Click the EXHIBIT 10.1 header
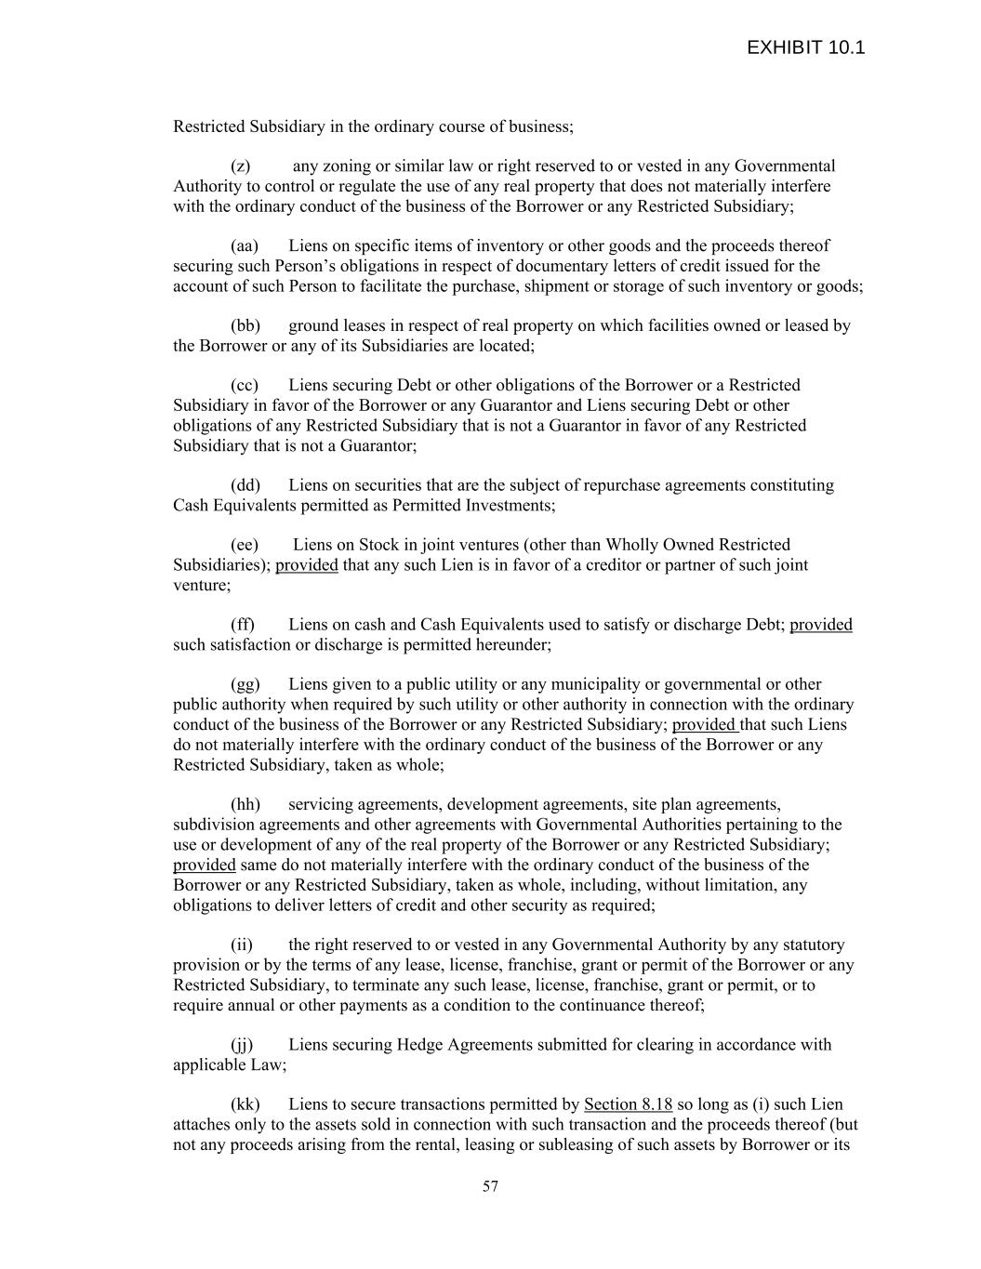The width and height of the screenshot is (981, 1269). (805, 48)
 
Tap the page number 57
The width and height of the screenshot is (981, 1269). (490, 1186)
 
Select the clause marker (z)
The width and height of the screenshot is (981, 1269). (241, 166)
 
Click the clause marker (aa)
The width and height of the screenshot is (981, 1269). (245, 246)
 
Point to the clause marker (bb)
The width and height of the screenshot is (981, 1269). (245, 326)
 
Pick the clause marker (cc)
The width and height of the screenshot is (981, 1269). (245, 386)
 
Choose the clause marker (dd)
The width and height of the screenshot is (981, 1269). (245, 485)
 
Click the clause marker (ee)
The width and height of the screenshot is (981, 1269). (245, 545)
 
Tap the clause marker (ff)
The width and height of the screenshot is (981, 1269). (243, 625)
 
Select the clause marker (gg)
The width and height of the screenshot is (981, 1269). (245, 685)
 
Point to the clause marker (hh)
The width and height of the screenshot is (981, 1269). (245, 804)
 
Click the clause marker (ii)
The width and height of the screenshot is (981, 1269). (241, 945)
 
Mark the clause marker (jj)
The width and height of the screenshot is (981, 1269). (242, 1045)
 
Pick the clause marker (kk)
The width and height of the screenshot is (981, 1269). (245, 1104)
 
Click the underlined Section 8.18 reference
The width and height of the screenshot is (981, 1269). (628, 1104)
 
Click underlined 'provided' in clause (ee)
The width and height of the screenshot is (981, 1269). (307, 565)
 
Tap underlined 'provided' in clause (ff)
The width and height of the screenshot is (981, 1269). (820, 625)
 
